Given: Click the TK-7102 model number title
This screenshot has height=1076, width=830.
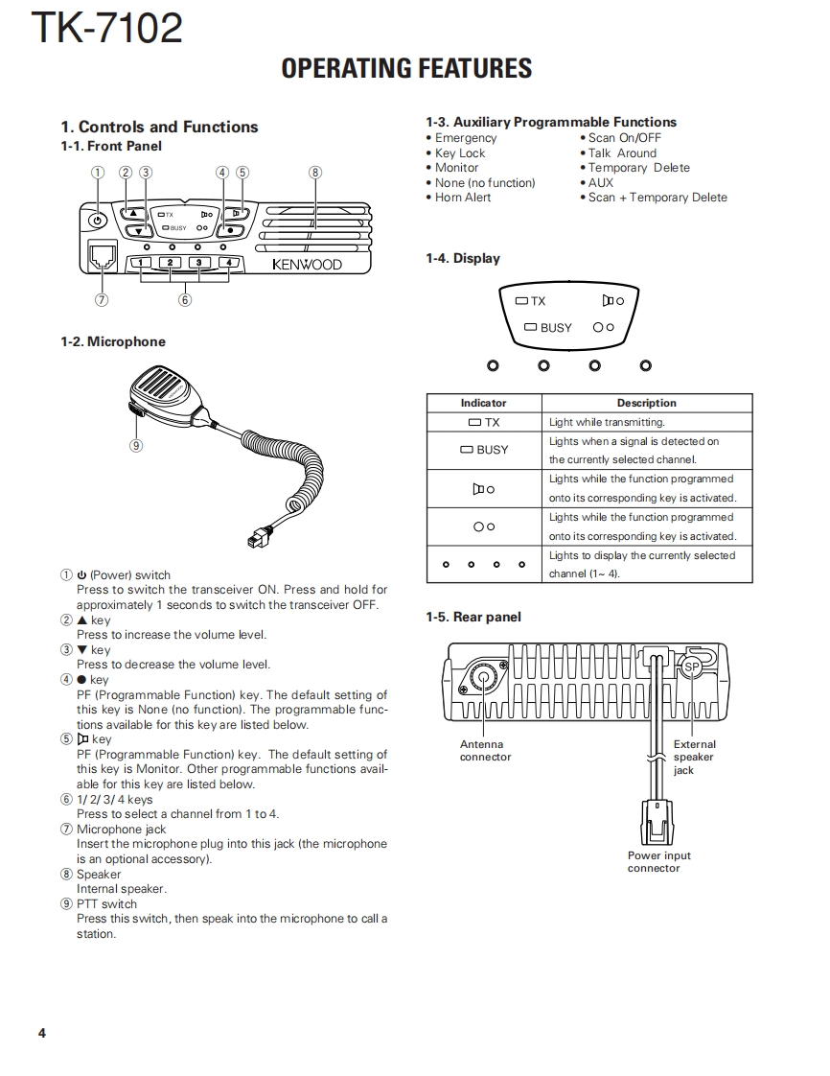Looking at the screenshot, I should (x=106, y=28).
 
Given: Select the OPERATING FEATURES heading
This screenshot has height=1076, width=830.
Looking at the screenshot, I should (x=406, y=68).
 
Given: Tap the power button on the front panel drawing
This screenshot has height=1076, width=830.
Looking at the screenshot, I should (x=96, y=221).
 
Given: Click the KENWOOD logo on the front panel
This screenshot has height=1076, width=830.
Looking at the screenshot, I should (x=307, y=265).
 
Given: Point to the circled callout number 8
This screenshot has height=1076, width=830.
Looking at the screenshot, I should (x=315, y=173).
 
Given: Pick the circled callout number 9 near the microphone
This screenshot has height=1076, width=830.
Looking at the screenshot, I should (x=136, y=445).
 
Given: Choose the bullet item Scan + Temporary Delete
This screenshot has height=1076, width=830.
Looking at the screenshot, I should (x=657, y=198).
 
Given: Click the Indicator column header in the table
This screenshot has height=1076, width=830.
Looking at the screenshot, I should (x=483, y=403).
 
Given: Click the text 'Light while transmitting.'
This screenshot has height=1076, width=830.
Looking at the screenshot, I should (x=607, y=422).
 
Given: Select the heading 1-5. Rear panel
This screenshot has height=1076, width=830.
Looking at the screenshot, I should (x=473, y=618).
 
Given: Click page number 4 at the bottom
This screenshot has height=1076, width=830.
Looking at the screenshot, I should (x=42, y=1033).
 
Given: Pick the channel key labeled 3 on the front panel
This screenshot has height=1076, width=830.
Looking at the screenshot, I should (x=198, y=263).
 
